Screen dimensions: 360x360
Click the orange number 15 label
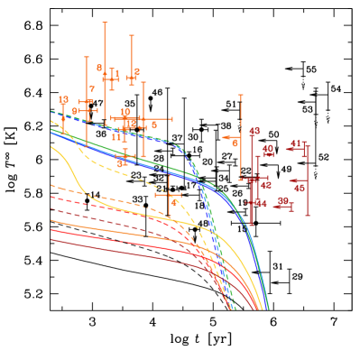(63, 99)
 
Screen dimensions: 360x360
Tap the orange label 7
(92, 88)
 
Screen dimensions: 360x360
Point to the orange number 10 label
(125, 112)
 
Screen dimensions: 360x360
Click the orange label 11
(116, 137)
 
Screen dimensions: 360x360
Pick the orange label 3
(119, 163)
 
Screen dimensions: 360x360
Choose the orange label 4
(174, 203)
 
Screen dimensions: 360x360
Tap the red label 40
(267, 148)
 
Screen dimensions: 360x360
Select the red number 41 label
(296, 143)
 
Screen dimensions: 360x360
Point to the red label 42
(266, 185)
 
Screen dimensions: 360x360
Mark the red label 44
(261, 203)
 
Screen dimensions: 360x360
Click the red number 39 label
(283, 201)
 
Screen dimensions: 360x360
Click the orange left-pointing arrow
(226, 137)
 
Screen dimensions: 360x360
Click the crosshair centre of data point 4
(168, 194)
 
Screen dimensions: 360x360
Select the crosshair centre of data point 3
(125, 157)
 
